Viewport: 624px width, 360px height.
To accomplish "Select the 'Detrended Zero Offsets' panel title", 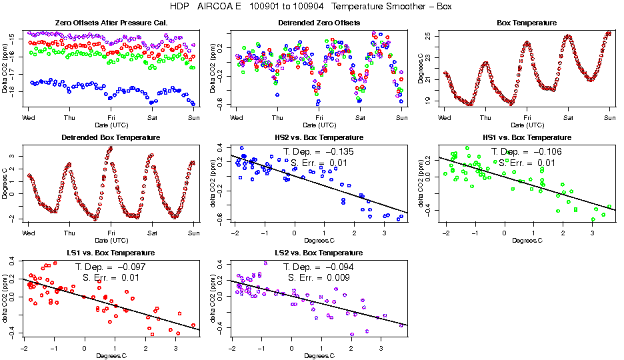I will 319,23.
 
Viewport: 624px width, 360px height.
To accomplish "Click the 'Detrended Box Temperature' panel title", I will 111,137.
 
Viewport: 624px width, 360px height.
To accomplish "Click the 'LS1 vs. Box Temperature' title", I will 111,253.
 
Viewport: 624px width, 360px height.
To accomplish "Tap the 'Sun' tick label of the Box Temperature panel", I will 609,118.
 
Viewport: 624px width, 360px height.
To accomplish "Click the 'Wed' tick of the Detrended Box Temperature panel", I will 29,233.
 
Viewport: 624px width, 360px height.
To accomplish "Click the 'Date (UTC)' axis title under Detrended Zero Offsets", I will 319,125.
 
